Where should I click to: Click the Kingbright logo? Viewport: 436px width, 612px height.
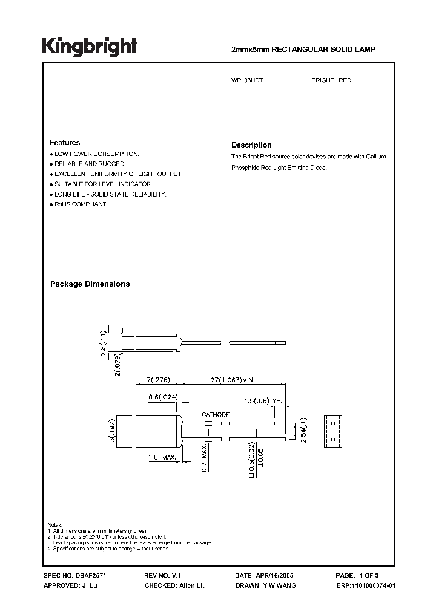coord(90,47)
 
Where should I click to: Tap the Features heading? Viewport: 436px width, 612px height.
coord(65,143)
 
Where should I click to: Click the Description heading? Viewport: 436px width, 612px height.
coord(251,145)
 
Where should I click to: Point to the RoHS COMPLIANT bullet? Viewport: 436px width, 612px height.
coord(81,204)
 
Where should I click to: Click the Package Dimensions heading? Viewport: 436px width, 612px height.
coord(90,284)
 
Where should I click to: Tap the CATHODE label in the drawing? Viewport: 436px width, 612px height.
coord(215,415)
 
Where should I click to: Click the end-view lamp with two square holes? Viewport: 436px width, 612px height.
coord(332,430)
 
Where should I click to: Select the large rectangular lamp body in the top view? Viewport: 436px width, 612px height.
coord(157,431)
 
